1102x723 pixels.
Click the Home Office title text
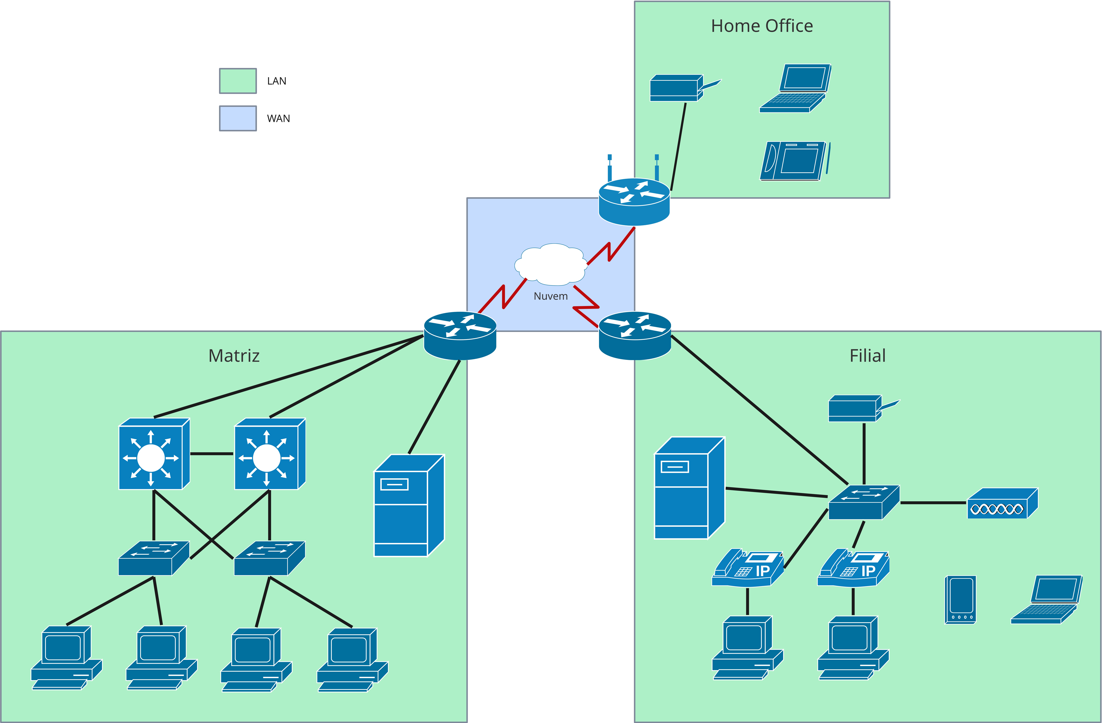(x=762, y=26)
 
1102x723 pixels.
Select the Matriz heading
(x=234, y=356)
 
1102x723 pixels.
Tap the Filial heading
(x=867, y=356)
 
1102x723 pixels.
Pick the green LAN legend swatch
(x=237, y=81)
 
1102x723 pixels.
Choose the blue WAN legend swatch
(x=237, y=118)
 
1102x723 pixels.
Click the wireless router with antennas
(x=634, y=200)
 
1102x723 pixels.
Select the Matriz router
(x=460, y=336)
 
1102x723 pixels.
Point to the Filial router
(x=635, y=336)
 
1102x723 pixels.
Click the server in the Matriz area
(x=408, y=505)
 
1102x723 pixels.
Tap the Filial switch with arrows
(x=863, y=502)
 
